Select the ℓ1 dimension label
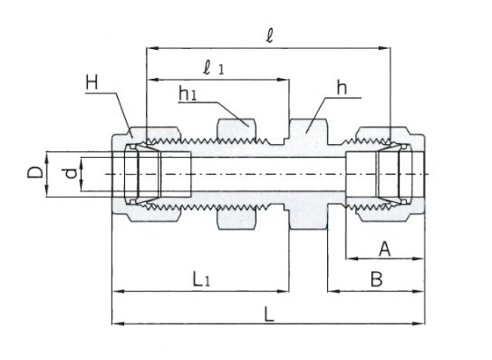[x=214, y=69]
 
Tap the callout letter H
[x=92, y=83]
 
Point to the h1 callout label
[x=188, y=93]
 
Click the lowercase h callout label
[x=342, y=88]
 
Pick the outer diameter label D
[x=35, y=172]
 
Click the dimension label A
[x=385, y=248]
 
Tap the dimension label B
[x=377, y=279]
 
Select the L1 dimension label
[x=201, y=279]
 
